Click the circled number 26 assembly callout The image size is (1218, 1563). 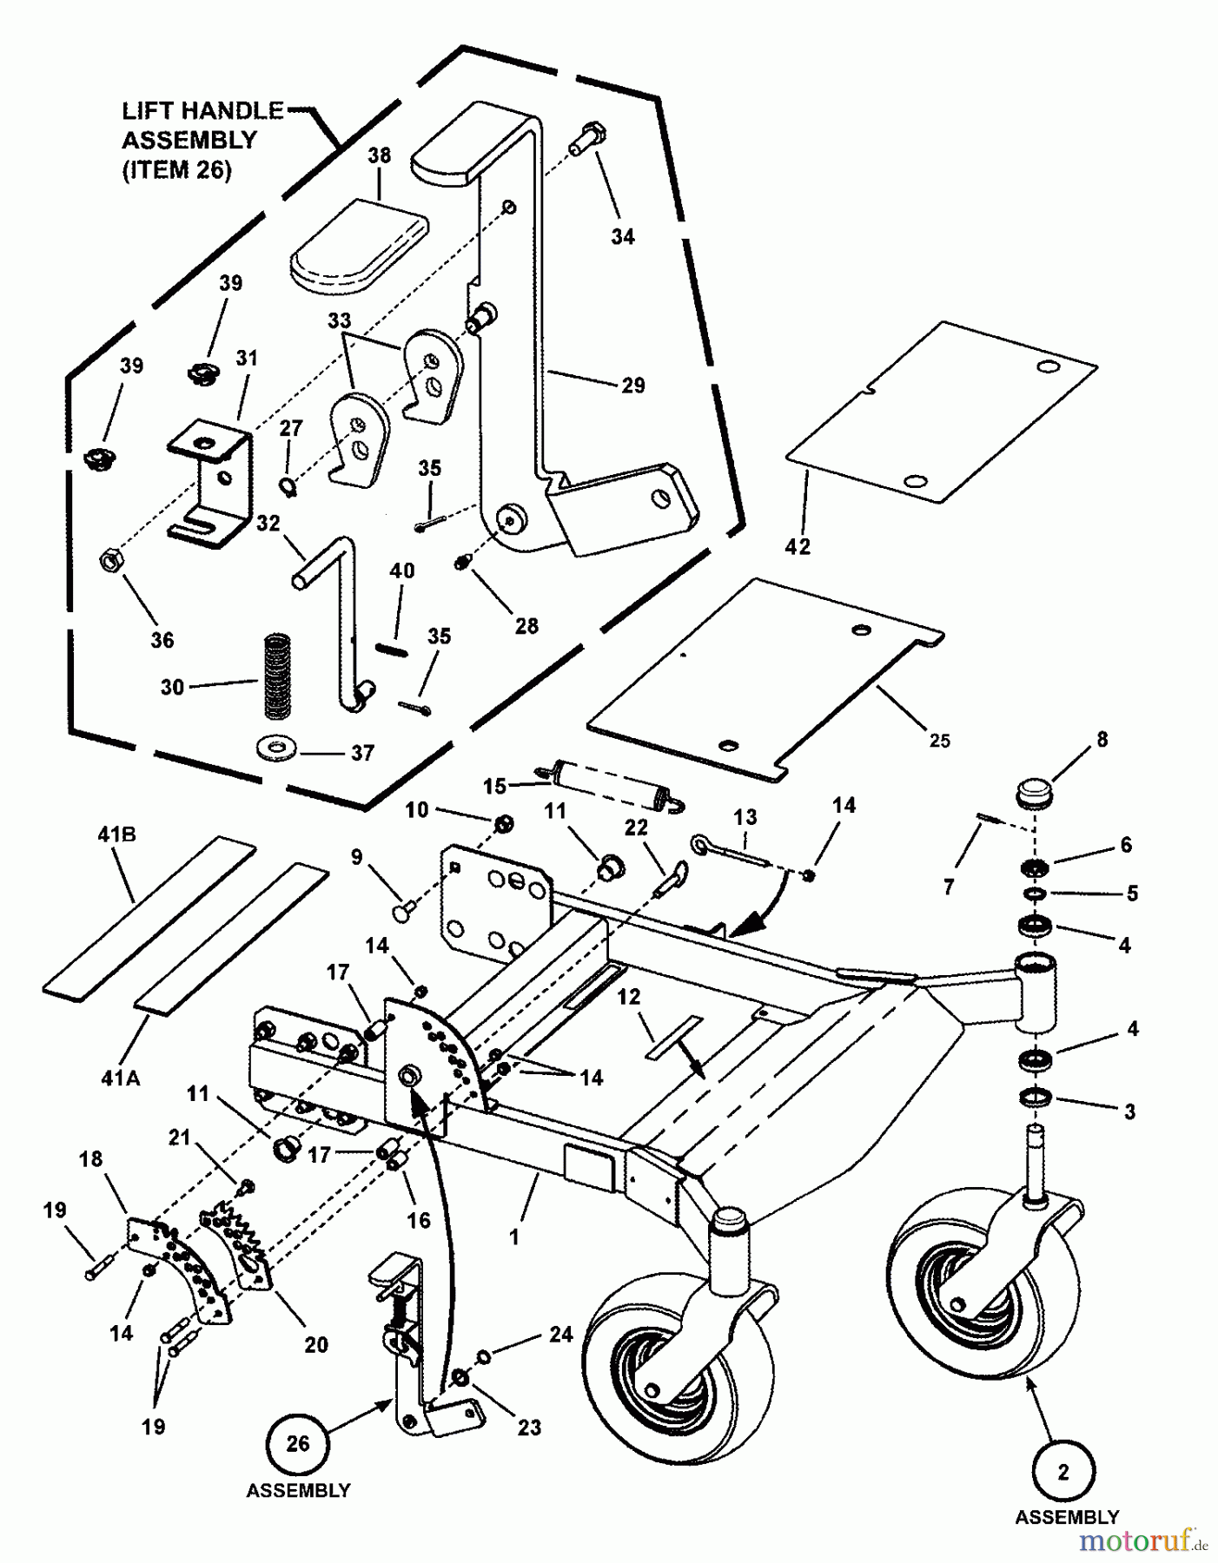pyautogui.click(x=297, y=1443)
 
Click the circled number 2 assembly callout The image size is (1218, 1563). pyautogui.click(x=1064, y=1472)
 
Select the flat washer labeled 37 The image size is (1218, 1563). pyautogui.click(x=276, y=746)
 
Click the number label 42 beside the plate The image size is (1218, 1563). pyautogui.click(x=798, y=546)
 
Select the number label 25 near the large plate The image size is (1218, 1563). pyautogui.click(x=939, y=741)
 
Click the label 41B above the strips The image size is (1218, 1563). pyautogui.click(x=117, y=835)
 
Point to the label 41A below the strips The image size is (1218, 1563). pyautogui.click(x=121, y=1078)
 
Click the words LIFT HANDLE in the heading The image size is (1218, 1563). pyautogui.click(x=202, y=111)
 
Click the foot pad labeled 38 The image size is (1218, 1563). pyautogui.click(x=359, y=243)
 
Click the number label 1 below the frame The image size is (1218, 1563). pyautogui.click(x=514, y=1237)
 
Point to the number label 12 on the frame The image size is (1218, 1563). pyautogui.click(x=628, y=997)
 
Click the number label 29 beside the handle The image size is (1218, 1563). pyautogui.click(x=633, y=385)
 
